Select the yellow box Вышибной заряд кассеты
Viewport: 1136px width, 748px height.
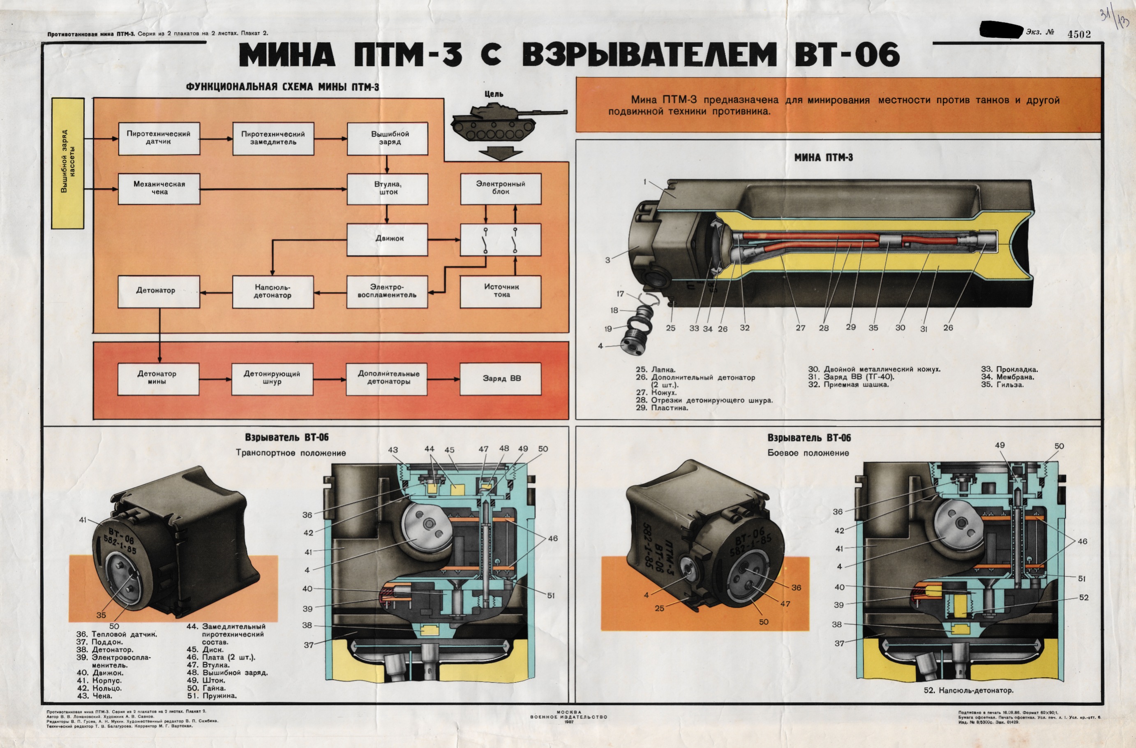tap(68, 163)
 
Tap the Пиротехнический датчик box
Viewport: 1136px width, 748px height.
tap(159, 138)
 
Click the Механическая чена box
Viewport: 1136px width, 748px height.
tap(159, 188)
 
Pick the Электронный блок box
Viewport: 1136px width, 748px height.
tap(500, 188)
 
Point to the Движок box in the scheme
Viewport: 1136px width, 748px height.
tap(387, 239)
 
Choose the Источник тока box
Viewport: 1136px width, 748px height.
tap(500, 291)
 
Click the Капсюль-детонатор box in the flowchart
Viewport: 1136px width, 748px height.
tap(272, 292)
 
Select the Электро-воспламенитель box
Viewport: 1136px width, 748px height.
tap(387, 292)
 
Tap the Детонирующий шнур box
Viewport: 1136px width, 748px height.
tap(272, 378)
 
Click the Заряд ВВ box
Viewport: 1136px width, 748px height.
tap(500, 378)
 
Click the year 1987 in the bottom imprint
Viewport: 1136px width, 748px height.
tap(568, 722)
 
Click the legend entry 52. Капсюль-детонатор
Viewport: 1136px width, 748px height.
tap(968, 690)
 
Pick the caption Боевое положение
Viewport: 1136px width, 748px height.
tap(808, 453)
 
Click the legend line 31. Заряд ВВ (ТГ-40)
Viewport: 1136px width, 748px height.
tap(851, 377)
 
